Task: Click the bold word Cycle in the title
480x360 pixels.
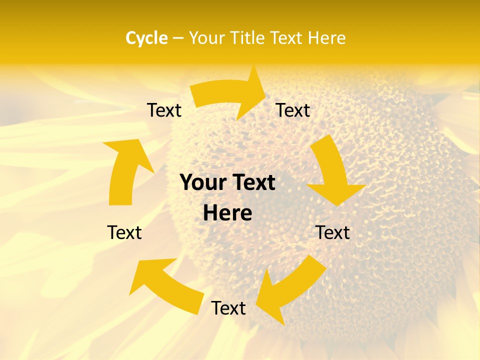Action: click(146, 38)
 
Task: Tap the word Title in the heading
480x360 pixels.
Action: click(247, 38)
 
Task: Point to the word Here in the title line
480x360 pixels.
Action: click(327, 38)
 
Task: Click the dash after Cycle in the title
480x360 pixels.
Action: click(178, 38)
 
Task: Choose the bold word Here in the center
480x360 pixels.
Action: click(227, 213)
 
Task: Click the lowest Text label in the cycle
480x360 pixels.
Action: click(228, 308)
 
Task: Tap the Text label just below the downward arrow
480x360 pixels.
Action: click(332, 232)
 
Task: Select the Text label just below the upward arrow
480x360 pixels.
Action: click(124, 232)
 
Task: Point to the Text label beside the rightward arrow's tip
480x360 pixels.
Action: click(293, 110)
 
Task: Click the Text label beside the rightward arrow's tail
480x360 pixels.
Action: click(164, 110)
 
